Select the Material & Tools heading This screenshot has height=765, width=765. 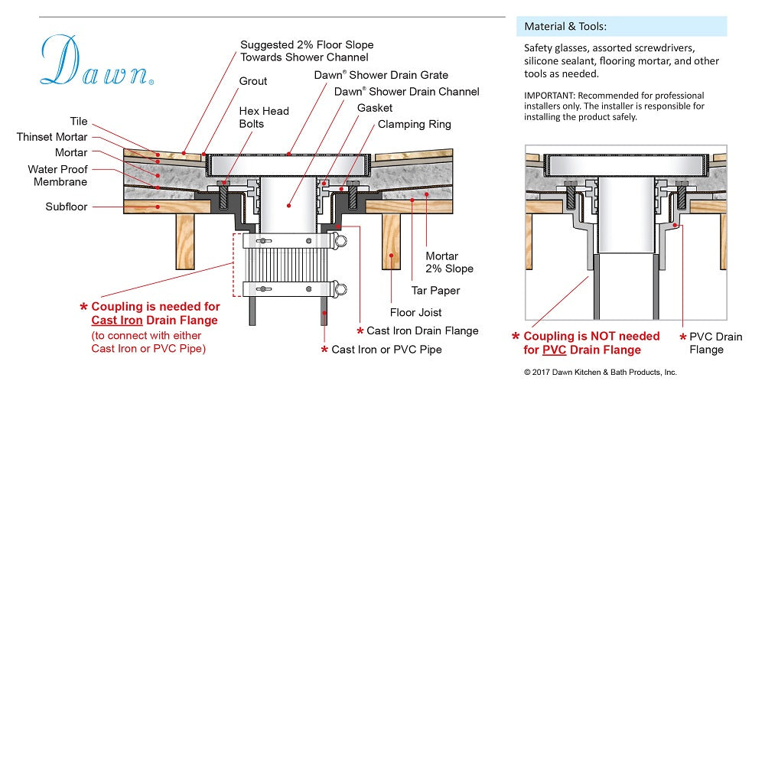pyautogui.click(x=565, y=27)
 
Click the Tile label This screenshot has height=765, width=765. pyautogui.click(x=79, y=122)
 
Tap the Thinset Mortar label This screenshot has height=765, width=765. pyautogui.click(x=52, y=137)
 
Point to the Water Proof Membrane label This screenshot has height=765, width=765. pyautogui.click(x=58, y=176)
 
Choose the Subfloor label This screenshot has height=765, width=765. pyautogui.click(x=67, y=207)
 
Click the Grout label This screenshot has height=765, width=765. pyautogui.click(x=253, y=81)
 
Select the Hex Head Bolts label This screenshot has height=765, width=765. pyautogui.click(x=264, y=117)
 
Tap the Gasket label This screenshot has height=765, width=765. pyautogui.click(x=375, y=108)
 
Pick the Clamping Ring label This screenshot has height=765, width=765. pyautogui.click(x=414, y=124)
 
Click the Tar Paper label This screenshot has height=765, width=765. pyautogui.click(x=435, y=291)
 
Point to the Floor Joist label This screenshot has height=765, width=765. pyautogui.click(x=415, y=312)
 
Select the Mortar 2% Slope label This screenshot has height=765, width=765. pyautogui.click(x=449, y=262)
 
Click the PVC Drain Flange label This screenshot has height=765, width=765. pyautogui.click(x=715, y=343)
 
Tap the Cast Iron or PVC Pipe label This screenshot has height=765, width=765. pyautogui.click(x=386, y=350)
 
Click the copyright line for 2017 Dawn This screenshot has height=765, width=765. pyautogui.click(x=600, y=373)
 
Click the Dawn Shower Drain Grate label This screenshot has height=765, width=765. pyautogui.click(x=381, y=75)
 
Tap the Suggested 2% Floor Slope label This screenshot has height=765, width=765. pyautogui.click(x=307, y=51)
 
